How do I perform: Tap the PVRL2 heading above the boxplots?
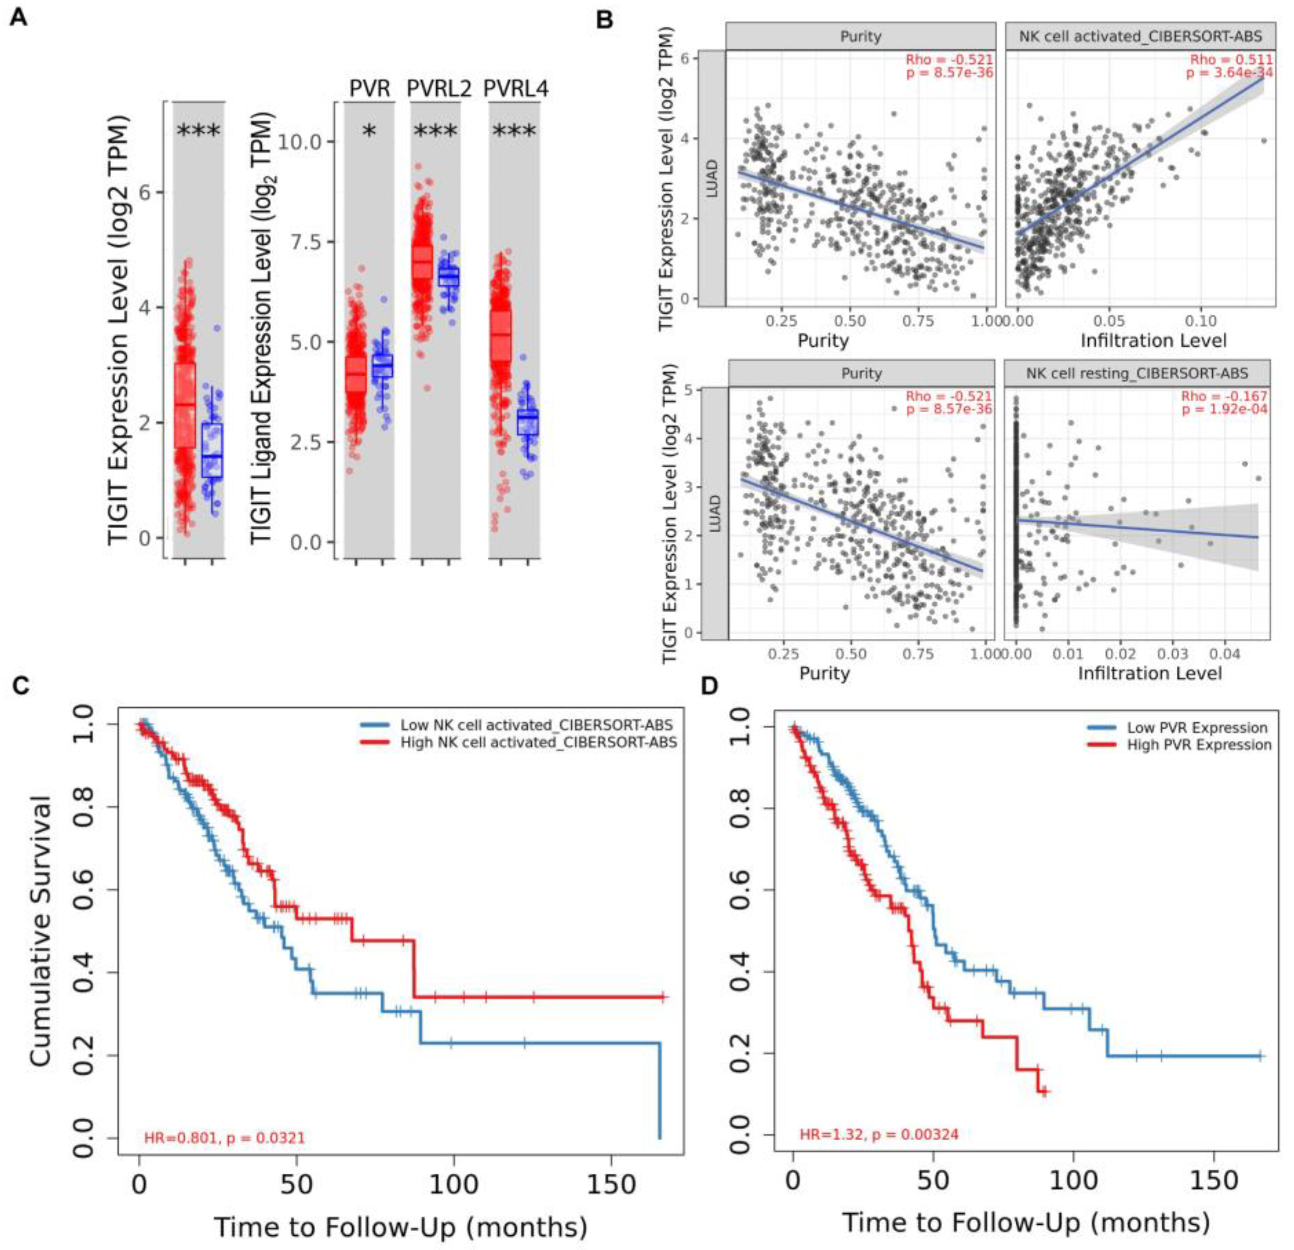pyautogui.click(x=439, y=89)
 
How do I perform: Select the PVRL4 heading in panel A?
pyautogui.click(x=516, y=89)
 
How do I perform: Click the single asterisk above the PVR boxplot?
pyautogui.click(x=369, y=132)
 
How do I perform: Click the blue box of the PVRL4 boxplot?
pyautogui.click(x=528, y=422)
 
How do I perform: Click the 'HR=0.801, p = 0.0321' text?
pyautogui.click(x=225, y=1137)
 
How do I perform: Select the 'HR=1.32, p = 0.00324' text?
pyautogui.click(x=879, y=1134)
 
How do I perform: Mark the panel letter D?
pyautogui.click(x=709, y=687)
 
